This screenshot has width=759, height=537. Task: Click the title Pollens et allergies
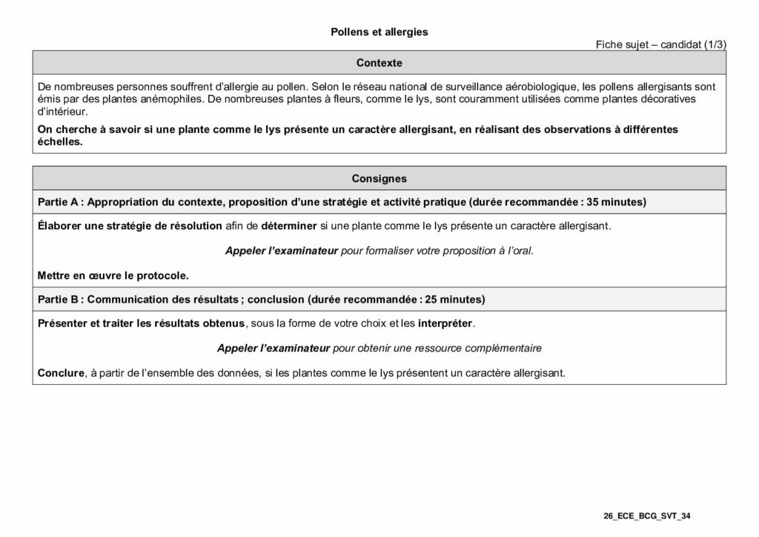point(379,33)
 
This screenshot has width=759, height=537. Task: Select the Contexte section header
point(379,63)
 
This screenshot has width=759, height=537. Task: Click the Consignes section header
point(379,179)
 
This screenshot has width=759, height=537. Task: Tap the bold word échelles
point(59,142)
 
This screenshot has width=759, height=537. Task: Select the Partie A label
point(59,202)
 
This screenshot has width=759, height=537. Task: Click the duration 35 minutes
point(616,202)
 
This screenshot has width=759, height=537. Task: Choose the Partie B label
point(59,300)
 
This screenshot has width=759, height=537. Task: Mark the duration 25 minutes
point(454,300)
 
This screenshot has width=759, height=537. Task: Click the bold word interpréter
point(445,323)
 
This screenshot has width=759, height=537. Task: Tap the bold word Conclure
point(60,372)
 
